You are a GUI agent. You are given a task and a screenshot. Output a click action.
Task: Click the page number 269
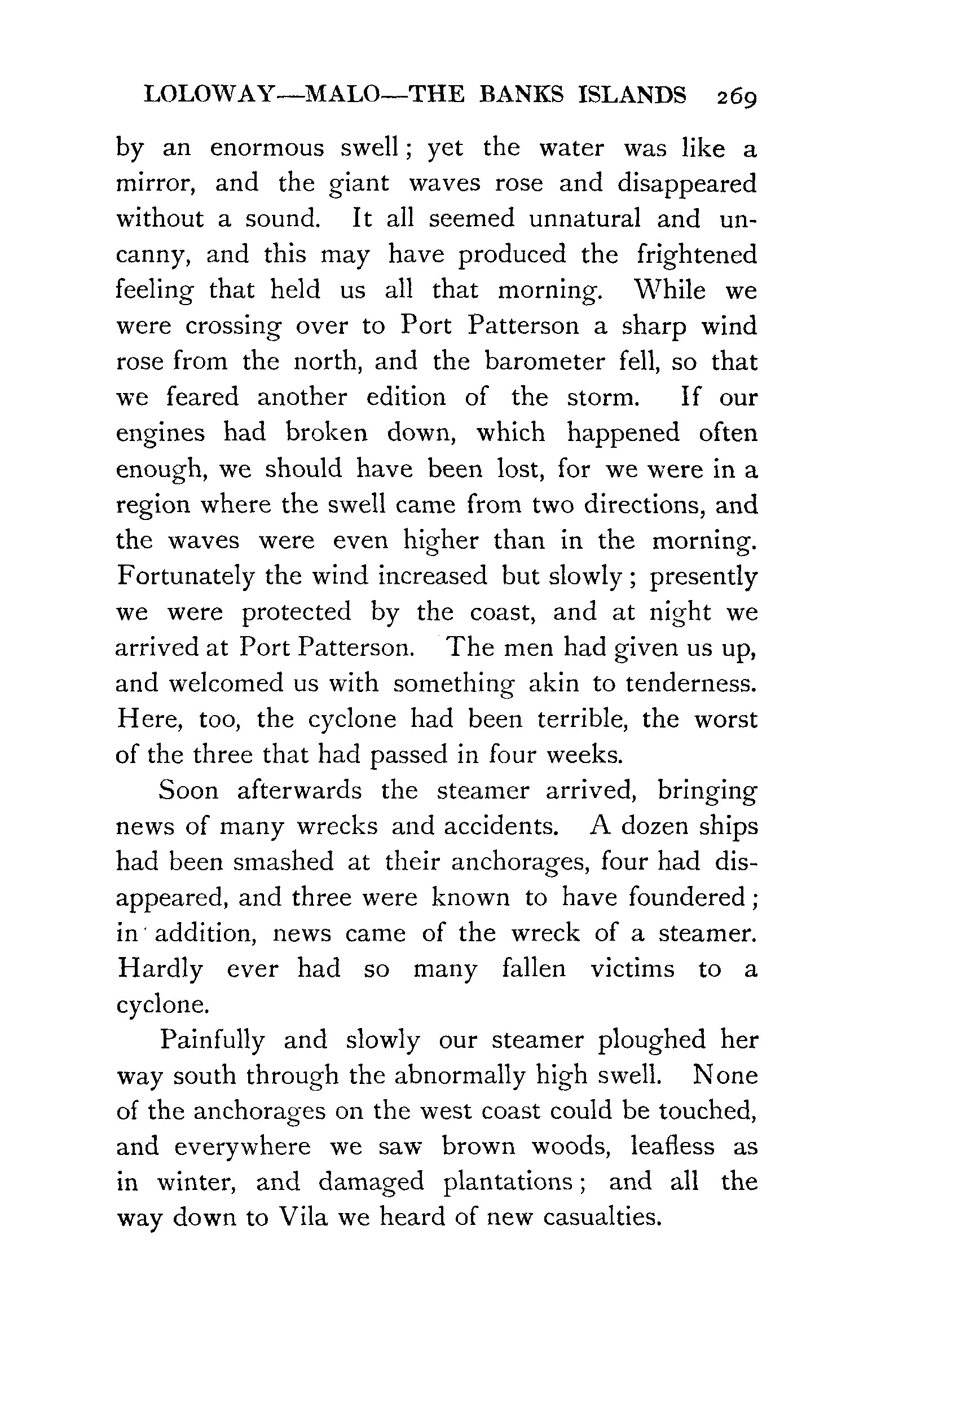click(x=737, y=97)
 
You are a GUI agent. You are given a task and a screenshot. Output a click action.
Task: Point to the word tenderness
click(x=690, y=683)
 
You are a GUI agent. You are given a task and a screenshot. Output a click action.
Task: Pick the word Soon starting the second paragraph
click(x=188, y=790)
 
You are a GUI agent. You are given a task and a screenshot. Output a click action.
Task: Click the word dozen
click(x=661, y=826)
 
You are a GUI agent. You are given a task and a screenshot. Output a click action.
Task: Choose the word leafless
click(x=672, y=1147)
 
